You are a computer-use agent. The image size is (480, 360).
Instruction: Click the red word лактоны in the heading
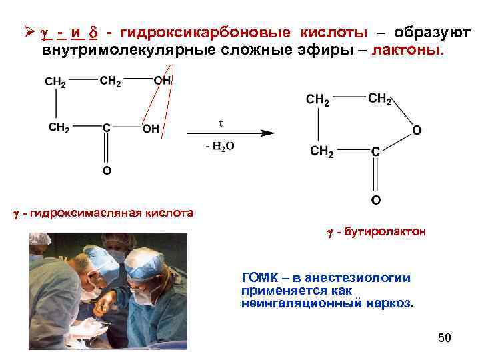pyautogui.click(x=407, y=50)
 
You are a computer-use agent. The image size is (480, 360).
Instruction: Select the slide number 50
pyautogui.click(x=444, y=338)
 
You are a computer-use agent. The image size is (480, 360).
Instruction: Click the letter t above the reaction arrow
pyautogui.click(x=221, y=123)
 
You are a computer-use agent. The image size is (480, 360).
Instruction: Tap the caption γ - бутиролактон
pyautogui.click(x=376, y=232)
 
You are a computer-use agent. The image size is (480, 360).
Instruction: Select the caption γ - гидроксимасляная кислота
pyautogui.click(x=103, y=213)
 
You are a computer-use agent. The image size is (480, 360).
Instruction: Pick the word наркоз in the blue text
pyautogui.click(x=392, y=303)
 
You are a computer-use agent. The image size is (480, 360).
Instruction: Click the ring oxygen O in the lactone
pyautogui.click(x=416, y=129)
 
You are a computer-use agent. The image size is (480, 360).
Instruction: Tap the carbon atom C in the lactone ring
pyautogui.click(x=375, y=152)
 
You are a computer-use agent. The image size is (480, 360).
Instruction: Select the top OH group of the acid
pyautogui.click(x=162, y=81)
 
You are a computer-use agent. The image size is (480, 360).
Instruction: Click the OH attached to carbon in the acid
pyautogui.click(x=151, y=129)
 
